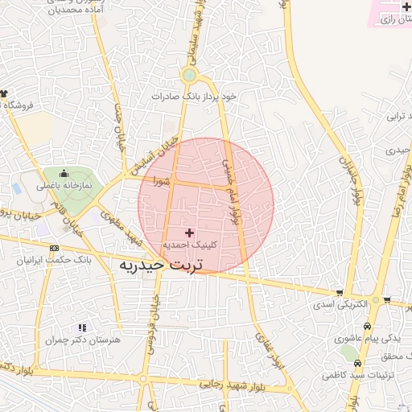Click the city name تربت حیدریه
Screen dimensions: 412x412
163,264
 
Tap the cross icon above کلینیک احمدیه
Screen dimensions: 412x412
189,232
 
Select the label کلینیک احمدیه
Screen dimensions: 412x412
190,244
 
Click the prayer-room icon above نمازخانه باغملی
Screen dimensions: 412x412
64,173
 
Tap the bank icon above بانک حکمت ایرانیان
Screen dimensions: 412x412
54,248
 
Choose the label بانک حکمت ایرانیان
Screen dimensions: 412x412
55,261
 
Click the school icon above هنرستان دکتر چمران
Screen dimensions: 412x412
81,328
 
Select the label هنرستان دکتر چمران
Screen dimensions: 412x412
83,340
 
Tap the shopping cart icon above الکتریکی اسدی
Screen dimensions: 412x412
340,292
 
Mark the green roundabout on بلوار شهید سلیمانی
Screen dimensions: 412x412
189,76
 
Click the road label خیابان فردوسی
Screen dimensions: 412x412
154,323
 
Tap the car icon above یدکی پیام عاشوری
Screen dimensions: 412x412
368,327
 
